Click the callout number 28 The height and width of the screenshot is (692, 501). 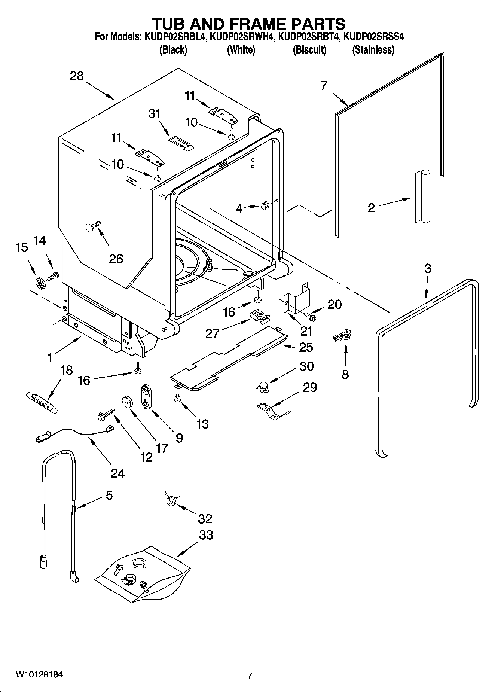pos(77,76)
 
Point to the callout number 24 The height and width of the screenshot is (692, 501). pos(117,473)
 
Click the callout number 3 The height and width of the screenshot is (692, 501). pos(428,268)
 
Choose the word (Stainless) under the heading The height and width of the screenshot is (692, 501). pos(373,50)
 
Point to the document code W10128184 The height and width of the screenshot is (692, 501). pos(39,675)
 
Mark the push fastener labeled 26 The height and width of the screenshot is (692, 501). pos(93,226)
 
